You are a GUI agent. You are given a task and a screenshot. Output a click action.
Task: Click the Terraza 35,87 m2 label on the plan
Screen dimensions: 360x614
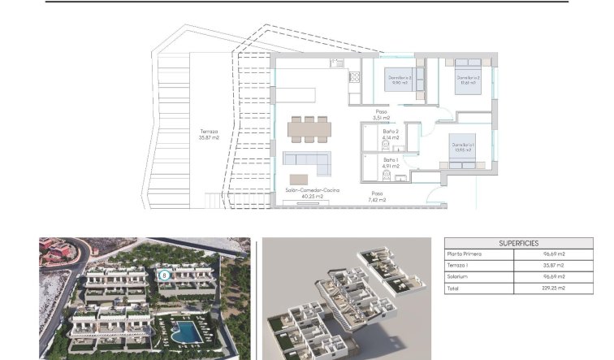coord(209,134)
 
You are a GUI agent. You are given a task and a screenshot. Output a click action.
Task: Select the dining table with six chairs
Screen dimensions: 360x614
coord(309,128)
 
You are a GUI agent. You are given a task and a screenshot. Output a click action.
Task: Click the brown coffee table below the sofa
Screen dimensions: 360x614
coord(299,179)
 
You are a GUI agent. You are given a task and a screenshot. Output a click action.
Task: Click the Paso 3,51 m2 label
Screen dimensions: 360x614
coord(382,115)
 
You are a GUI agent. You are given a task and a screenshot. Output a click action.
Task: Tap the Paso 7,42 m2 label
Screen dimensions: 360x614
coord(376,197)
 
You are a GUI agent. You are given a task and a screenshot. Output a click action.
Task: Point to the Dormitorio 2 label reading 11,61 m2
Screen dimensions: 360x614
coord(468,80)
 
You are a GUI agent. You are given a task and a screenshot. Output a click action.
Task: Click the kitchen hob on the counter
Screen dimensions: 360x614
coord(354,77)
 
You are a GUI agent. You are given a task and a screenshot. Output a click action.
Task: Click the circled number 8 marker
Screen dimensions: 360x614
coord(165,275)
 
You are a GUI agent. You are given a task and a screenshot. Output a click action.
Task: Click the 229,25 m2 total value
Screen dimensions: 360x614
coord(555,288)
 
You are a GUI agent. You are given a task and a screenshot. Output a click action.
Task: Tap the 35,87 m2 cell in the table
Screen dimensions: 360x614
coord(555,266)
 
